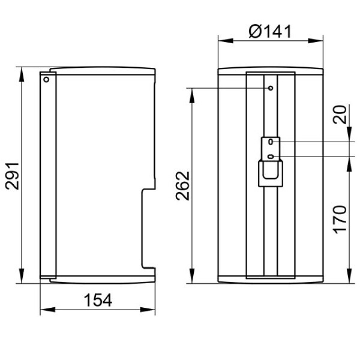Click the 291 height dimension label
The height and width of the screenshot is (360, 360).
(12, 176)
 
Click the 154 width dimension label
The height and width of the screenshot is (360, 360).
(98, 300)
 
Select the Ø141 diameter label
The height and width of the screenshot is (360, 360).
(270, 31)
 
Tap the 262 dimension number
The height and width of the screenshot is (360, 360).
(183, 186)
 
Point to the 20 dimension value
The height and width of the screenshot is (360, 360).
(340, 115)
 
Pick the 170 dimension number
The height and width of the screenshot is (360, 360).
(340, 220)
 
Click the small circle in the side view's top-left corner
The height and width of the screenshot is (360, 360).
(46, 80)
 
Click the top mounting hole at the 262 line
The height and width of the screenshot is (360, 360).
(271, 88)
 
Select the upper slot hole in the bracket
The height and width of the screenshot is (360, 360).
(271, 142)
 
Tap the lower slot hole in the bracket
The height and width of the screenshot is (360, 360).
(271, 157)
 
